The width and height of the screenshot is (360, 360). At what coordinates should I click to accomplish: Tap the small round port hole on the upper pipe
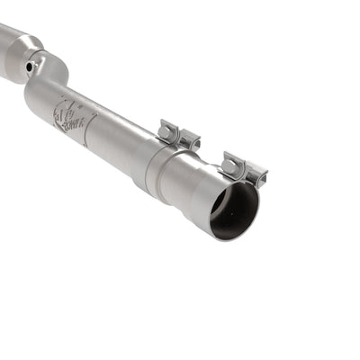(x=31, y=66)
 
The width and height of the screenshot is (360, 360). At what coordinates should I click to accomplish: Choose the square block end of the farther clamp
(x=190, y=140)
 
